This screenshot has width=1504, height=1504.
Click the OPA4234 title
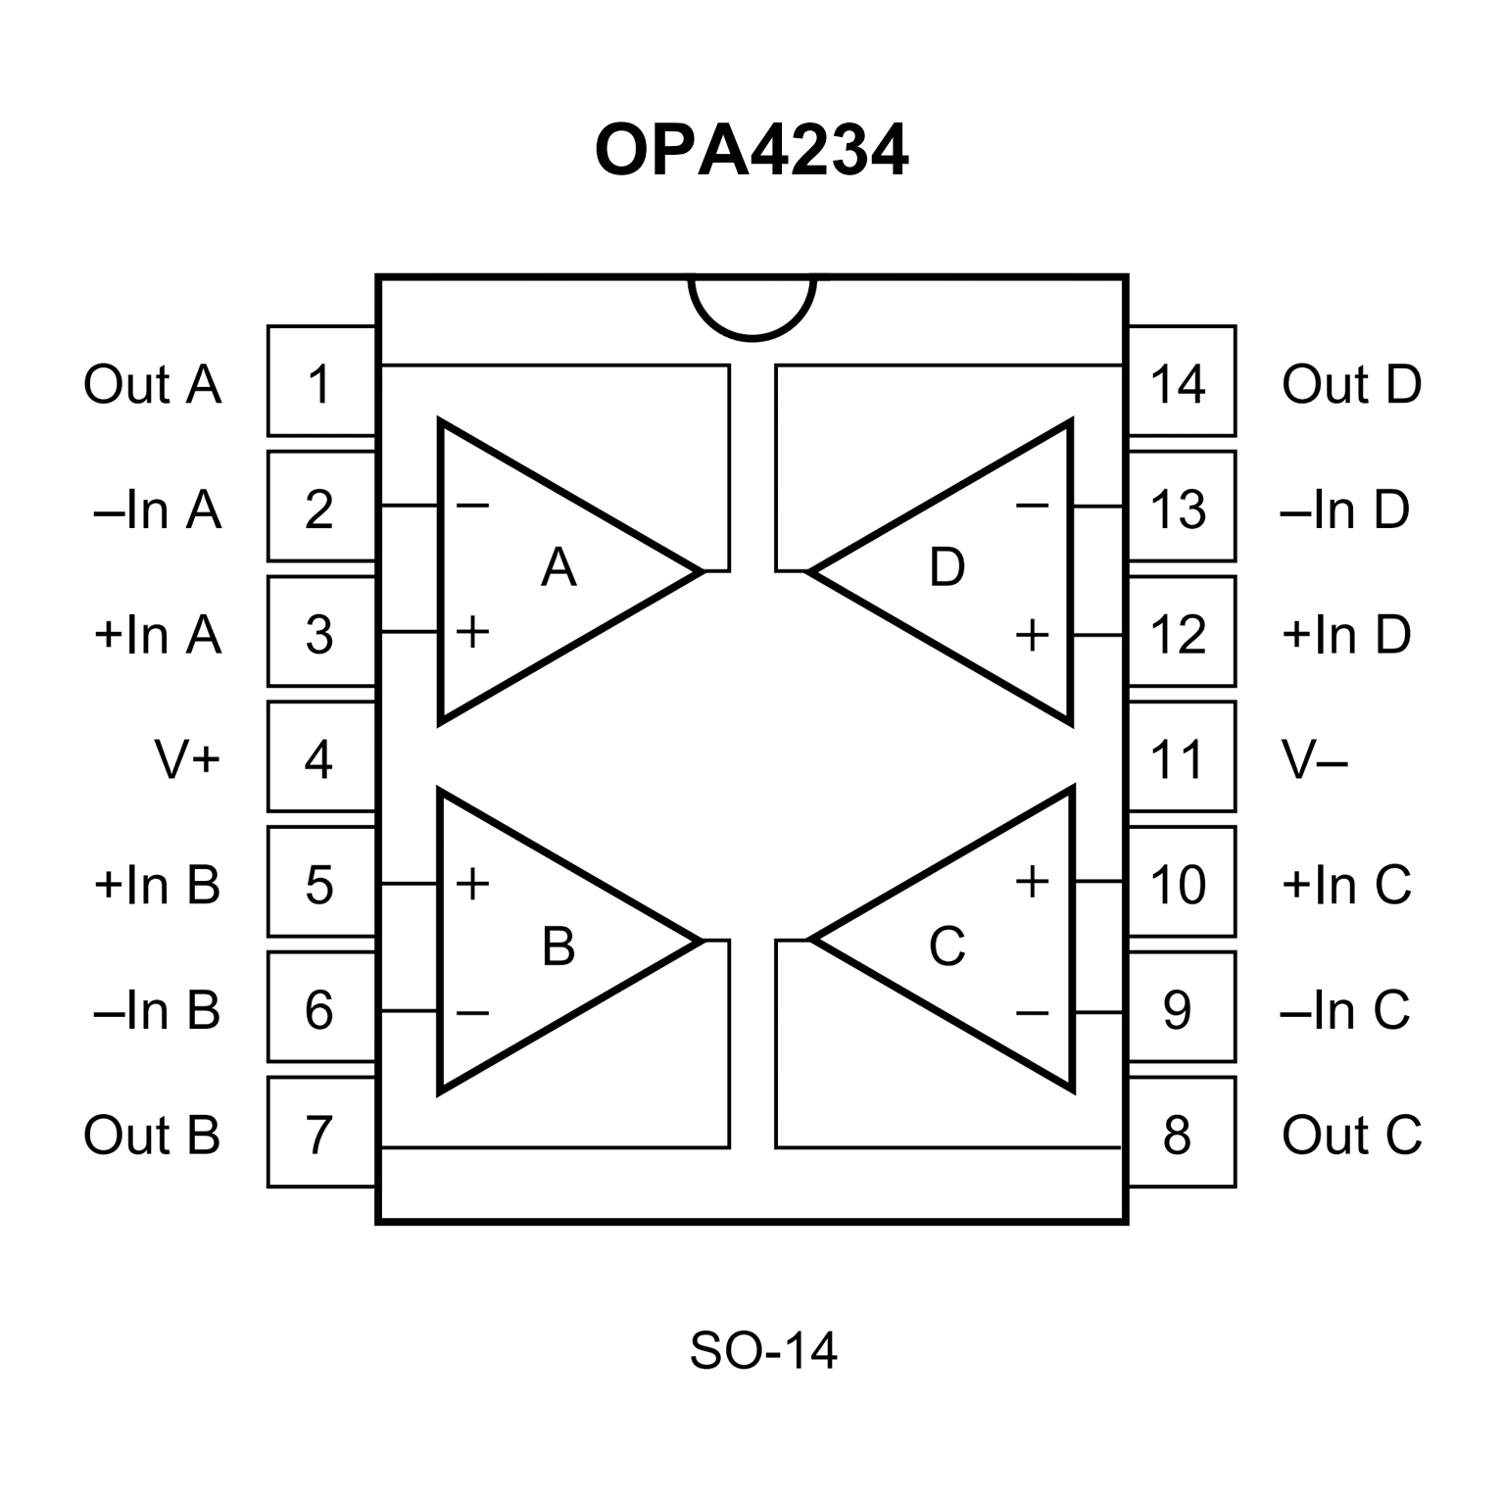click(752, 151)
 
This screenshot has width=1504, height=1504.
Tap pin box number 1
click(320, 382)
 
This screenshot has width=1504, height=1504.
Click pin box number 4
click(320, 757)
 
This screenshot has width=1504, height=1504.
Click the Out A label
click(152, 383)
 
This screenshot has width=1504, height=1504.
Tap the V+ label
click(186, 758)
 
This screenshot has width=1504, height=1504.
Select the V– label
click(1315, 758)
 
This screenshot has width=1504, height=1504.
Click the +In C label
click(1346, 884)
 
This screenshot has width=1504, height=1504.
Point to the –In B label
click(157, 1009)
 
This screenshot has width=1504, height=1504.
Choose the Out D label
click(1351, 383)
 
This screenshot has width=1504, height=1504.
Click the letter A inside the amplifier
click(558, 566)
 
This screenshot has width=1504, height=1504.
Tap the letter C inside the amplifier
click(946, 946)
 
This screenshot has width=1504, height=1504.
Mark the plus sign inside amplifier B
click(472, 883)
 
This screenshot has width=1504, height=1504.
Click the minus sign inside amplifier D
click(1032, 506)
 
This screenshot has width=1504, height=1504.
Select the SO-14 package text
click(763, 1350)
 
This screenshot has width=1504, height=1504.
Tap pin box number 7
click(320, 1134)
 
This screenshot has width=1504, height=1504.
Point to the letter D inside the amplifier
click(946, 566)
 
